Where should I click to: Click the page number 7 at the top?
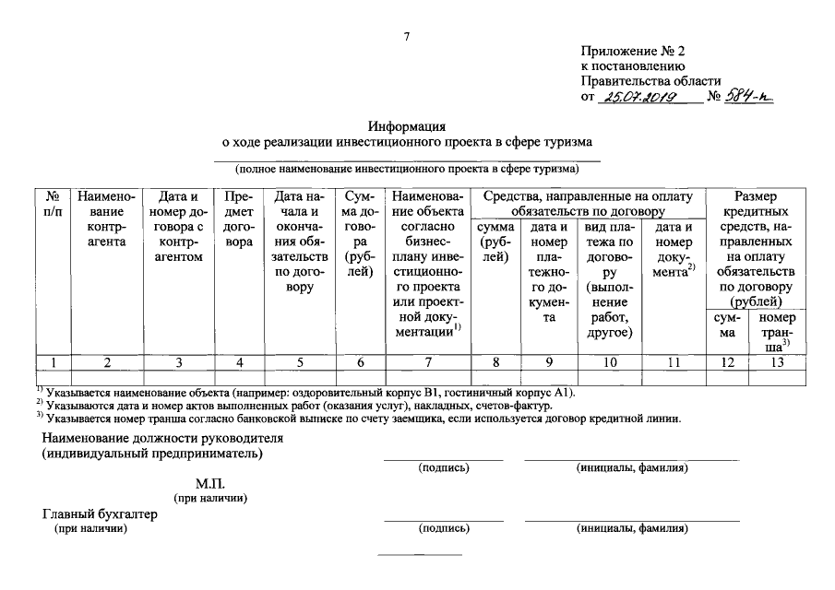pos(406,36)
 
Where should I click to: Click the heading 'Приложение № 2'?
pos(633,50)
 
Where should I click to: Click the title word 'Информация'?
pos(407,125)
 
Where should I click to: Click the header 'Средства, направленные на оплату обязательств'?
pos(588,204)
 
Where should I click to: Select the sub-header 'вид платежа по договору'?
pos(608,279)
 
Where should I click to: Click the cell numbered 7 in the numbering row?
pos(427,362)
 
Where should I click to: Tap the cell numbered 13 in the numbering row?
pos(777,362)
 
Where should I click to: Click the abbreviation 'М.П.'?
pos(210,483)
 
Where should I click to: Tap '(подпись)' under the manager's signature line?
pos(444,468)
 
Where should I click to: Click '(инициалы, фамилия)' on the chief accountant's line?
pos(632,529)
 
